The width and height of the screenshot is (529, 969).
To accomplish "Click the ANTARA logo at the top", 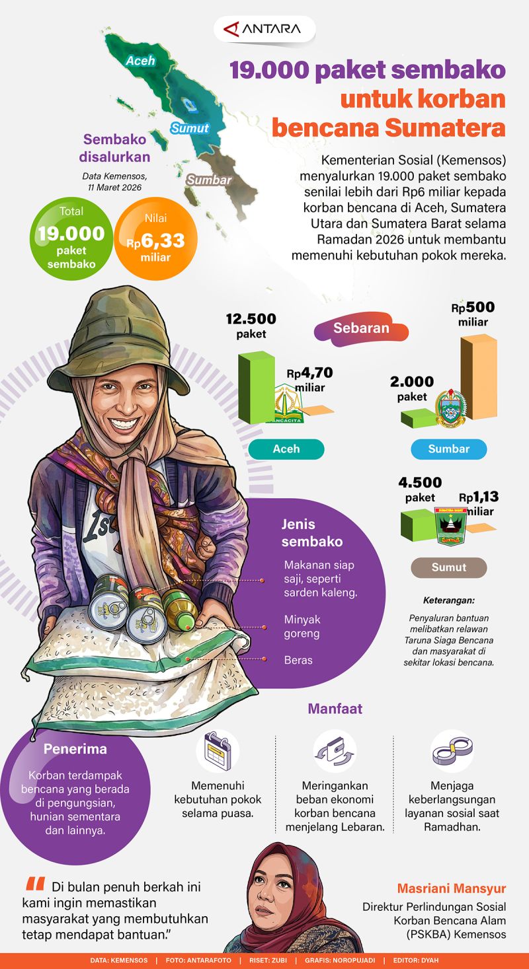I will click(x=264, y=29).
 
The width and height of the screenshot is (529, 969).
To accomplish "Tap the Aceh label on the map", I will click(x=140, y=61).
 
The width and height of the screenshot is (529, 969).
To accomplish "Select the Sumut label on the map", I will click(x=190, y=128).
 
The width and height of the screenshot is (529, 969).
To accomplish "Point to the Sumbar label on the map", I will click(x=209, y=180).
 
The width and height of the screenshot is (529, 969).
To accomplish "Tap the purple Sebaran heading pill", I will click(x=361, y=329).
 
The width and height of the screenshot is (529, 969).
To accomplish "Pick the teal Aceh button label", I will click(x=286, y=449).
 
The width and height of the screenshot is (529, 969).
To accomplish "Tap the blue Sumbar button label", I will click(x=449, y=449).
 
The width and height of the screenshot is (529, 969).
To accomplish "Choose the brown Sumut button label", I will click(x=449, y=567).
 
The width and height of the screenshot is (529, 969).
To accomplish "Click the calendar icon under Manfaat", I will click(x=218, y=751).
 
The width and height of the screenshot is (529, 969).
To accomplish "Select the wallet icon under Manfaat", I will click(x=335, y=751).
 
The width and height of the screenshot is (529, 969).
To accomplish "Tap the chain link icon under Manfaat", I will click(x=452, y=751).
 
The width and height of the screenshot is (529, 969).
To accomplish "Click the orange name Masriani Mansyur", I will click(x=451, y=888).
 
